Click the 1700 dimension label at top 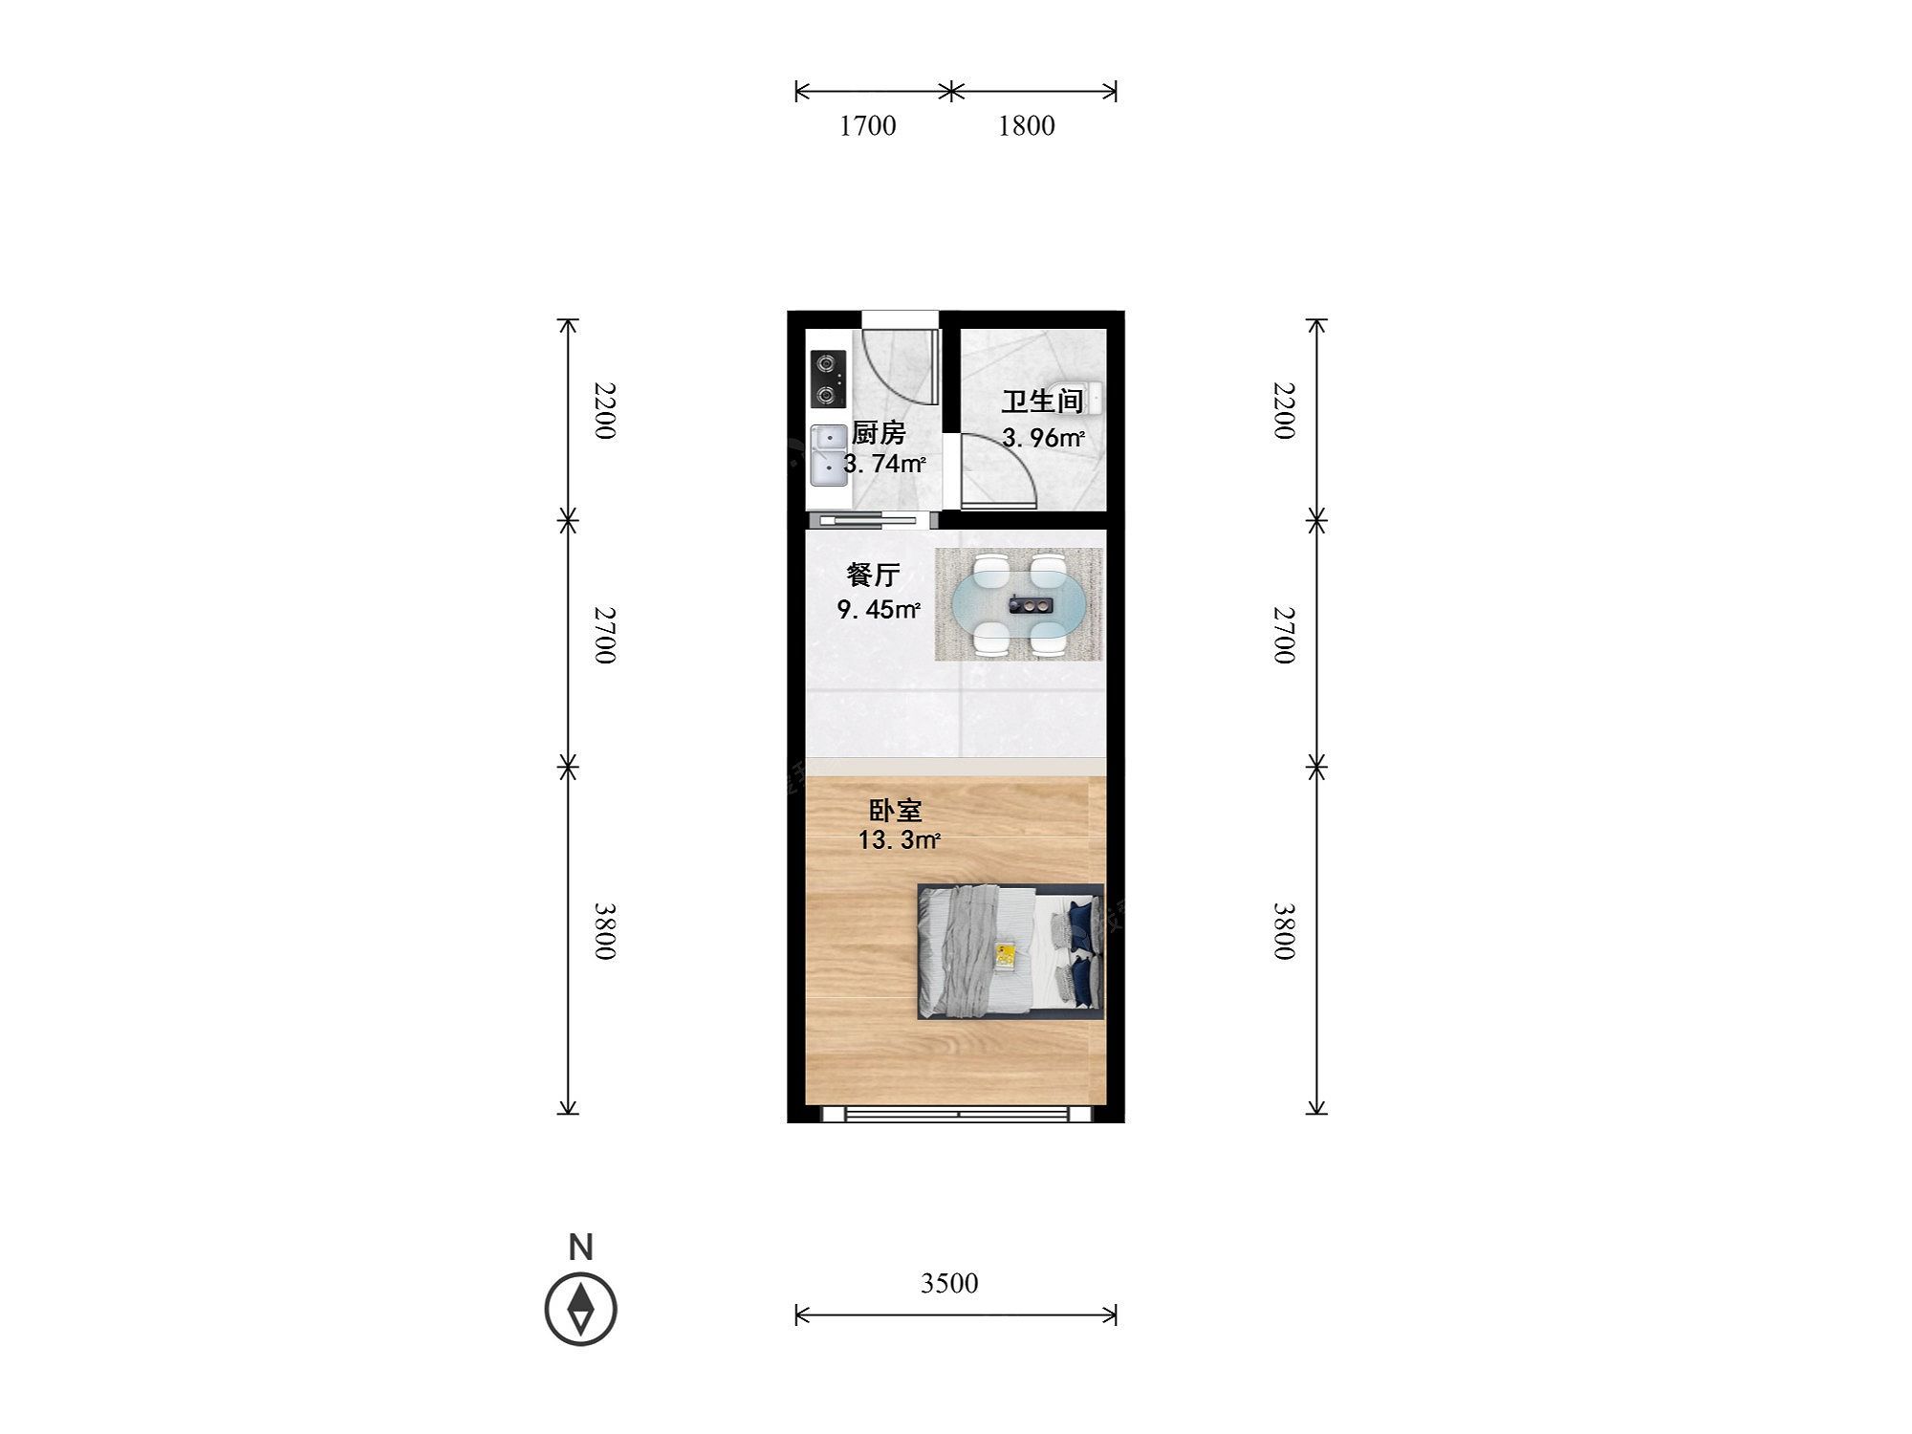tap(868, 126)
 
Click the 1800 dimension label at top tap(1027, 126)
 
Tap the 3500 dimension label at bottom tap(949, 1283)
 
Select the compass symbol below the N tap(581, 1309)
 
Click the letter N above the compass tap(581, 1247)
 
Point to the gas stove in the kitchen tap(160, 379)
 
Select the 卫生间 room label tap(1042, 402)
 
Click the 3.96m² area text tap(1043, 438)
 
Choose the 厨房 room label tap(878, 433)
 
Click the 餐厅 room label tap(873, 575)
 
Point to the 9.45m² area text tap(879, 609)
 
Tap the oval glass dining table tap(1019, 604)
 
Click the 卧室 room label tap(895, 811)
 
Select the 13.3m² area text tap(900, 841)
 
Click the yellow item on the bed tap(1006, 954)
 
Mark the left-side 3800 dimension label tap(604, 931)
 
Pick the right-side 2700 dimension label tap(1283, 635)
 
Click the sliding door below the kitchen tap(869, 521)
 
